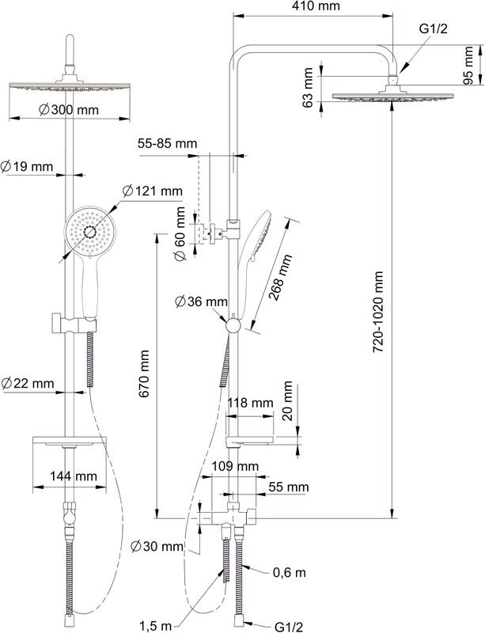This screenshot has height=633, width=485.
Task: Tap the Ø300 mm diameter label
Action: click(69, 109)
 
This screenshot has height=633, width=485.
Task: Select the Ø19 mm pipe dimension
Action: click(27, 166)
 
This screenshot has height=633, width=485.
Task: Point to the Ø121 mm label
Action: click(152, 191)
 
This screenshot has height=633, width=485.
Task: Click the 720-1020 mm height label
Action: click(377, 312)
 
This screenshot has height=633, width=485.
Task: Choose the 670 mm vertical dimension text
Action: click(144, 373)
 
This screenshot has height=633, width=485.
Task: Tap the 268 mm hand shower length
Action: click(280, 277)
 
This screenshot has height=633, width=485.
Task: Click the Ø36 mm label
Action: click(201, 301)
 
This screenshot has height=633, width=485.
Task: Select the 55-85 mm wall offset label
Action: click(168, 143)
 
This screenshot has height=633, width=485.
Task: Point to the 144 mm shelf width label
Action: click(74, 476)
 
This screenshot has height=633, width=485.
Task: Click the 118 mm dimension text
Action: click(250, 403)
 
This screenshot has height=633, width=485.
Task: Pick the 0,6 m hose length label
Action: click(289, 572)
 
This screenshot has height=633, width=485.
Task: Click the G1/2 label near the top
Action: click(434, 28)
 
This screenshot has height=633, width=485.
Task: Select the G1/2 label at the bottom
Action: click(288, 627)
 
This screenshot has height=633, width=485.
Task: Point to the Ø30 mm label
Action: click(157, 547)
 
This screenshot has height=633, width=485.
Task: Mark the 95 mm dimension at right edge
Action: click(468, 65)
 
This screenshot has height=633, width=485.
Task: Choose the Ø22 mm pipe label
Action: click(27, 383)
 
